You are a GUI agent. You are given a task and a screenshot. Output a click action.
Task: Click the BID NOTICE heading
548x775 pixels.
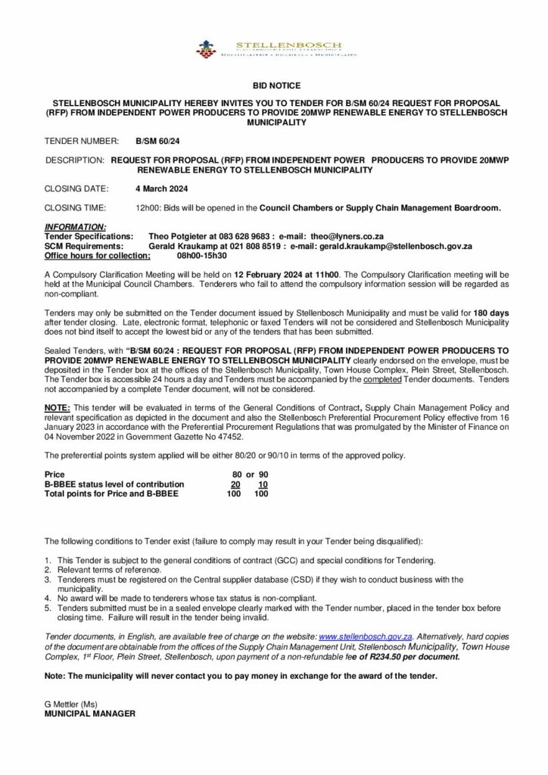[x=274, y=87]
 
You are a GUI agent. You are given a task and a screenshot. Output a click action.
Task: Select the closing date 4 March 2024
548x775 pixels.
[x=161, y=188]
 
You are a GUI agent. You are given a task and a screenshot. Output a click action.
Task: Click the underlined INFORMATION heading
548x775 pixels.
[x=76, y=227]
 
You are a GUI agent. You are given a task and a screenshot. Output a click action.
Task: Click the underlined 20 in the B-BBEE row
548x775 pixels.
[x=235, y=484]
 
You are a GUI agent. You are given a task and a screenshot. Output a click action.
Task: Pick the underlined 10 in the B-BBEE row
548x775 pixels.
[x=263, y=484]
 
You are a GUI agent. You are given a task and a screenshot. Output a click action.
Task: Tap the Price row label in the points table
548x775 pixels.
[x=55, y=474]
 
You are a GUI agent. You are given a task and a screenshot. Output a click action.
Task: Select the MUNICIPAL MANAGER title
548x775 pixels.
[x=91, y=713]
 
